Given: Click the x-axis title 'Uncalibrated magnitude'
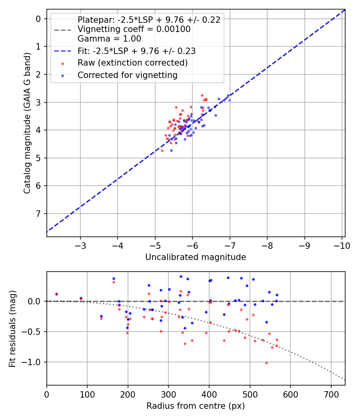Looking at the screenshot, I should [195, 257].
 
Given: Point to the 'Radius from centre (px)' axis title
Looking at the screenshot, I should [195, 406].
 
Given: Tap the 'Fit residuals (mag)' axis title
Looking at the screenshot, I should [12, 329].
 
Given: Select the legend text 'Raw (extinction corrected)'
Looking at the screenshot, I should [132, 63].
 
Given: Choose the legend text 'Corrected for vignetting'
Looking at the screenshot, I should [127, 75].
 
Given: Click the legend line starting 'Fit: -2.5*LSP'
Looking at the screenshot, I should [136, 51].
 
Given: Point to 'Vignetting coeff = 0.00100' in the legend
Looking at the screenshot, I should [134, 29].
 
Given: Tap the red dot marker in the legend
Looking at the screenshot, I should [62, 63].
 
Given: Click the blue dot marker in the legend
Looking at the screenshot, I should [62, 75].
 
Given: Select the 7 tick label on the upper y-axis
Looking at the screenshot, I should [38, 214].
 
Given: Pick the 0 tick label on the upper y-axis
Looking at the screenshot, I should [38, 19].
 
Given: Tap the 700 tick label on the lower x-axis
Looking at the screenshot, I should [331, 394].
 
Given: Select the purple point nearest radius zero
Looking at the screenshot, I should [56, 294].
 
